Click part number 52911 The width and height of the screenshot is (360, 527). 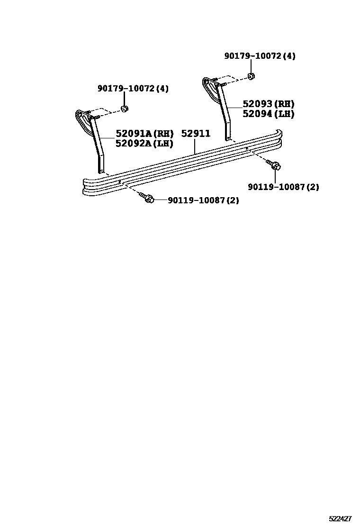pos(196,134)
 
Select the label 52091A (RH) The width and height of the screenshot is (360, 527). pos(144,134)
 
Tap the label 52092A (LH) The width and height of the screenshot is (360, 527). pos(144,143)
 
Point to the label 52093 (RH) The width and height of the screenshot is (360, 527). pos(268,104)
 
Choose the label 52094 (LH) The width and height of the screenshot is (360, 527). pos(268,114)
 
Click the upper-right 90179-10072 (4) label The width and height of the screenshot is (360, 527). pos(260,56)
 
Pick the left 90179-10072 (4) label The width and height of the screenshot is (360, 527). pos(133,89)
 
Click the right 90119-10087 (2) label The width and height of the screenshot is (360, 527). pos(283,187)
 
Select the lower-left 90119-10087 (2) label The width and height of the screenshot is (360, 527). pos(203,200)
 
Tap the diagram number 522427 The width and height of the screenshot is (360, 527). pos(340,519)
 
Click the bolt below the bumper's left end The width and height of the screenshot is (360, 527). pos(148,199)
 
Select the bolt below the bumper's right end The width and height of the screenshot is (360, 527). pos(275,165)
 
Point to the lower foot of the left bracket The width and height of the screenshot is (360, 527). pos(101,168)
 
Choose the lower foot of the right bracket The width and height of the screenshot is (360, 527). pos(228,136)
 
